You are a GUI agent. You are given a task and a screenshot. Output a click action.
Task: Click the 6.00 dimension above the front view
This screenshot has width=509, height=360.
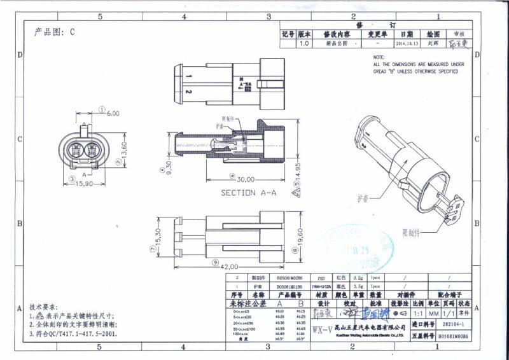click(x=113, y=113)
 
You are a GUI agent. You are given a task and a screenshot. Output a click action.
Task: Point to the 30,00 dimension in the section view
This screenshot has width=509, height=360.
click(x=246, y=179)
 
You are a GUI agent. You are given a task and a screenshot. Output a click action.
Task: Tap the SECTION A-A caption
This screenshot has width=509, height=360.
click(x=249, y=192)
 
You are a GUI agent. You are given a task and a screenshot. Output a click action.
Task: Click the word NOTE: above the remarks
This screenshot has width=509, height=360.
click(x=380, y=58)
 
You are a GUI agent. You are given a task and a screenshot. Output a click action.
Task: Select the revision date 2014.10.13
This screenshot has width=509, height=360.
click(x=407, y=45)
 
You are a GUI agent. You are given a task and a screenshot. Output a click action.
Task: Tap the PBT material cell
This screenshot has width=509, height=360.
click(x=321, y=279)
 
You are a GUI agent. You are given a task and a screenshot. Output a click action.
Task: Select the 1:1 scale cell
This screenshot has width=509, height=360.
click(x=418, y=314)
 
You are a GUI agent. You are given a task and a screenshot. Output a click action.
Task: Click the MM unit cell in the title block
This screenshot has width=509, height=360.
click(x=433, y=314)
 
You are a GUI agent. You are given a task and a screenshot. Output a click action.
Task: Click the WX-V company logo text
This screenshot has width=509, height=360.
click(x=322, y=328)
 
